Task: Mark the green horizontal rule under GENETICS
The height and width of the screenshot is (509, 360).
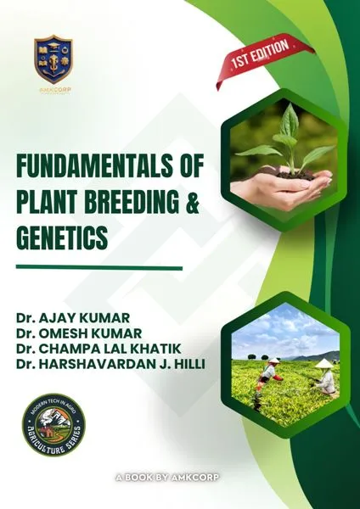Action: coord(99,268)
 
